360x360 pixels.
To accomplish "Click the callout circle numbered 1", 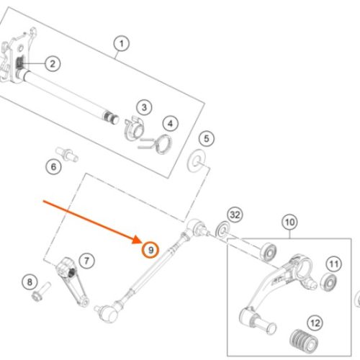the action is coord(122,44).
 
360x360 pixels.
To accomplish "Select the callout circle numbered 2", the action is coord(53,63).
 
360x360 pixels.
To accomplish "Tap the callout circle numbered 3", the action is coord(144,107).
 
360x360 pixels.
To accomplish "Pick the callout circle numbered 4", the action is coord(170,124).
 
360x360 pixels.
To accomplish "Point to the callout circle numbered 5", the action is coord(207,138).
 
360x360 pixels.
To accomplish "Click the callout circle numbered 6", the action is coord(53,166).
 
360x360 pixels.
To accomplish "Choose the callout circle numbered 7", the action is coord(86,261).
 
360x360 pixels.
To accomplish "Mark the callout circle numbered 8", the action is coord(30,282).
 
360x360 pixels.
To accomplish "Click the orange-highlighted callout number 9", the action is coord(150,250).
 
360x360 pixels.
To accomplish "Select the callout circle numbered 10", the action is coord(289,222).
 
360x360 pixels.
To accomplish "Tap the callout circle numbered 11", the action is coord(334,264).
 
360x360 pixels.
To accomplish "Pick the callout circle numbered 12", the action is coord(315,323).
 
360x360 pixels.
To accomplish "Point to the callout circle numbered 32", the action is coord(235,215).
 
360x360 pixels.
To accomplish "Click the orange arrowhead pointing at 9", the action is coord(138,240).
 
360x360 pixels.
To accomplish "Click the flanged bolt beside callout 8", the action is coord(41,292).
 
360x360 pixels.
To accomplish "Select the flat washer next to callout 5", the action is coord(197,161).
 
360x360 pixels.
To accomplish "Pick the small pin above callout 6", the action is coord(67,154).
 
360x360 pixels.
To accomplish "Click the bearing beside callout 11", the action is coord(329,282).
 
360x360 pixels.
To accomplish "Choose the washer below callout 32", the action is coord(223,230).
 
